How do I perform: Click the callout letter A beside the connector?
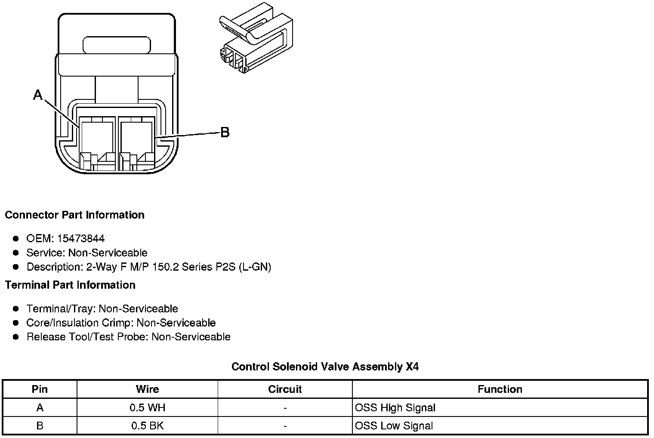(x=38, y=95)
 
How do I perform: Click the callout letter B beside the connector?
(x=225, y=133)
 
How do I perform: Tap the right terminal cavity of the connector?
(x=136, y=137)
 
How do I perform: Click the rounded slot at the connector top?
(x=117, y=45)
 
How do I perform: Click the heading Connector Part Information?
(x=74, y=215)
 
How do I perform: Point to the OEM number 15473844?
(x=81, y=238)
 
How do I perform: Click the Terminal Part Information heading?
(x=70, y=285)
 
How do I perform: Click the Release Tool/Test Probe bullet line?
(x=128, y=337)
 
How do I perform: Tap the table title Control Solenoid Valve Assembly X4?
(x=325, y=367)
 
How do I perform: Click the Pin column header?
(x=40, y=389)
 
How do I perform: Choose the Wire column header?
(x=147, y=389)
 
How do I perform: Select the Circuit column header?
(x=285, y=389)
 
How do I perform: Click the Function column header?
(x=500, y=389)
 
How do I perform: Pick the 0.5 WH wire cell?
(x=147, y=408)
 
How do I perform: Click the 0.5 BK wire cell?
(x=147, y=426)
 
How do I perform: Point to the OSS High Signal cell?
(x=395, y=408)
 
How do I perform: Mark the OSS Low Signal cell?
(x=394, y=426)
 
